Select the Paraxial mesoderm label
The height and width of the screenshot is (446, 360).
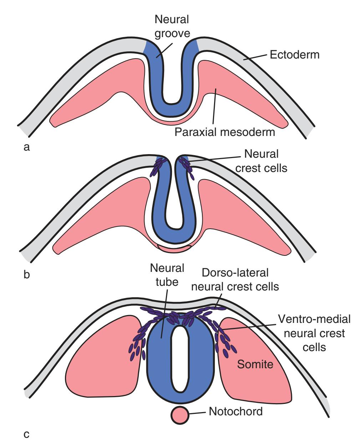tap(225, 133)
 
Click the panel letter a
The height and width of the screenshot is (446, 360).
tap(25, 147)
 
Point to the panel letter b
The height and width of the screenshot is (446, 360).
tap(25, 275)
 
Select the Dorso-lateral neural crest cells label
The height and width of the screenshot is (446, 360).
tap(235, 279)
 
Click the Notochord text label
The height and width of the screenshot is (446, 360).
tap(236, 411)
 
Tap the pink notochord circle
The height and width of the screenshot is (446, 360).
tap(179, 415)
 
